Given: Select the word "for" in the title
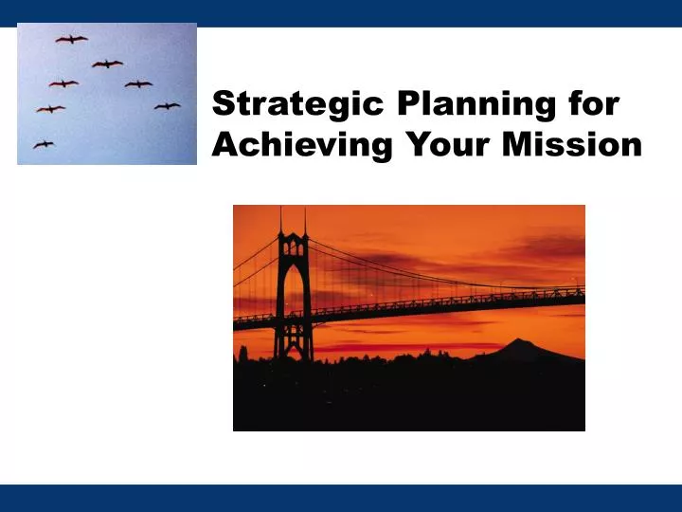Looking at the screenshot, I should point(594,103).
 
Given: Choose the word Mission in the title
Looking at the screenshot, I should point(577,144).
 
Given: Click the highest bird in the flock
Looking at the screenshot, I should point(71,39).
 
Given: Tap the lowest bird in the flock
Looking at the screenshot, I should point(44,144).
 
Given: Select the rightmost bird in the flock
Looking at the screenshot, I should point(167,105).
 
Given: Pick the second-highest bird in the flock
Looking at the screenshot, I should point(107,64).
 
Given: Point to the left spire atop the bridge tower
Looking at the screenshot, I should point(280,221).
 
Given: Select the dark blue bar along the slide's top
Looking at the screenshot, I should point(341,12).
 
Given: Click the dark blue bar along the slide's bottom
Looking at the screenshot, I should point(341,498).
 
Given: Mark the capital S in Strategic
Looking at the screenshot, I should point(223,103).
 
